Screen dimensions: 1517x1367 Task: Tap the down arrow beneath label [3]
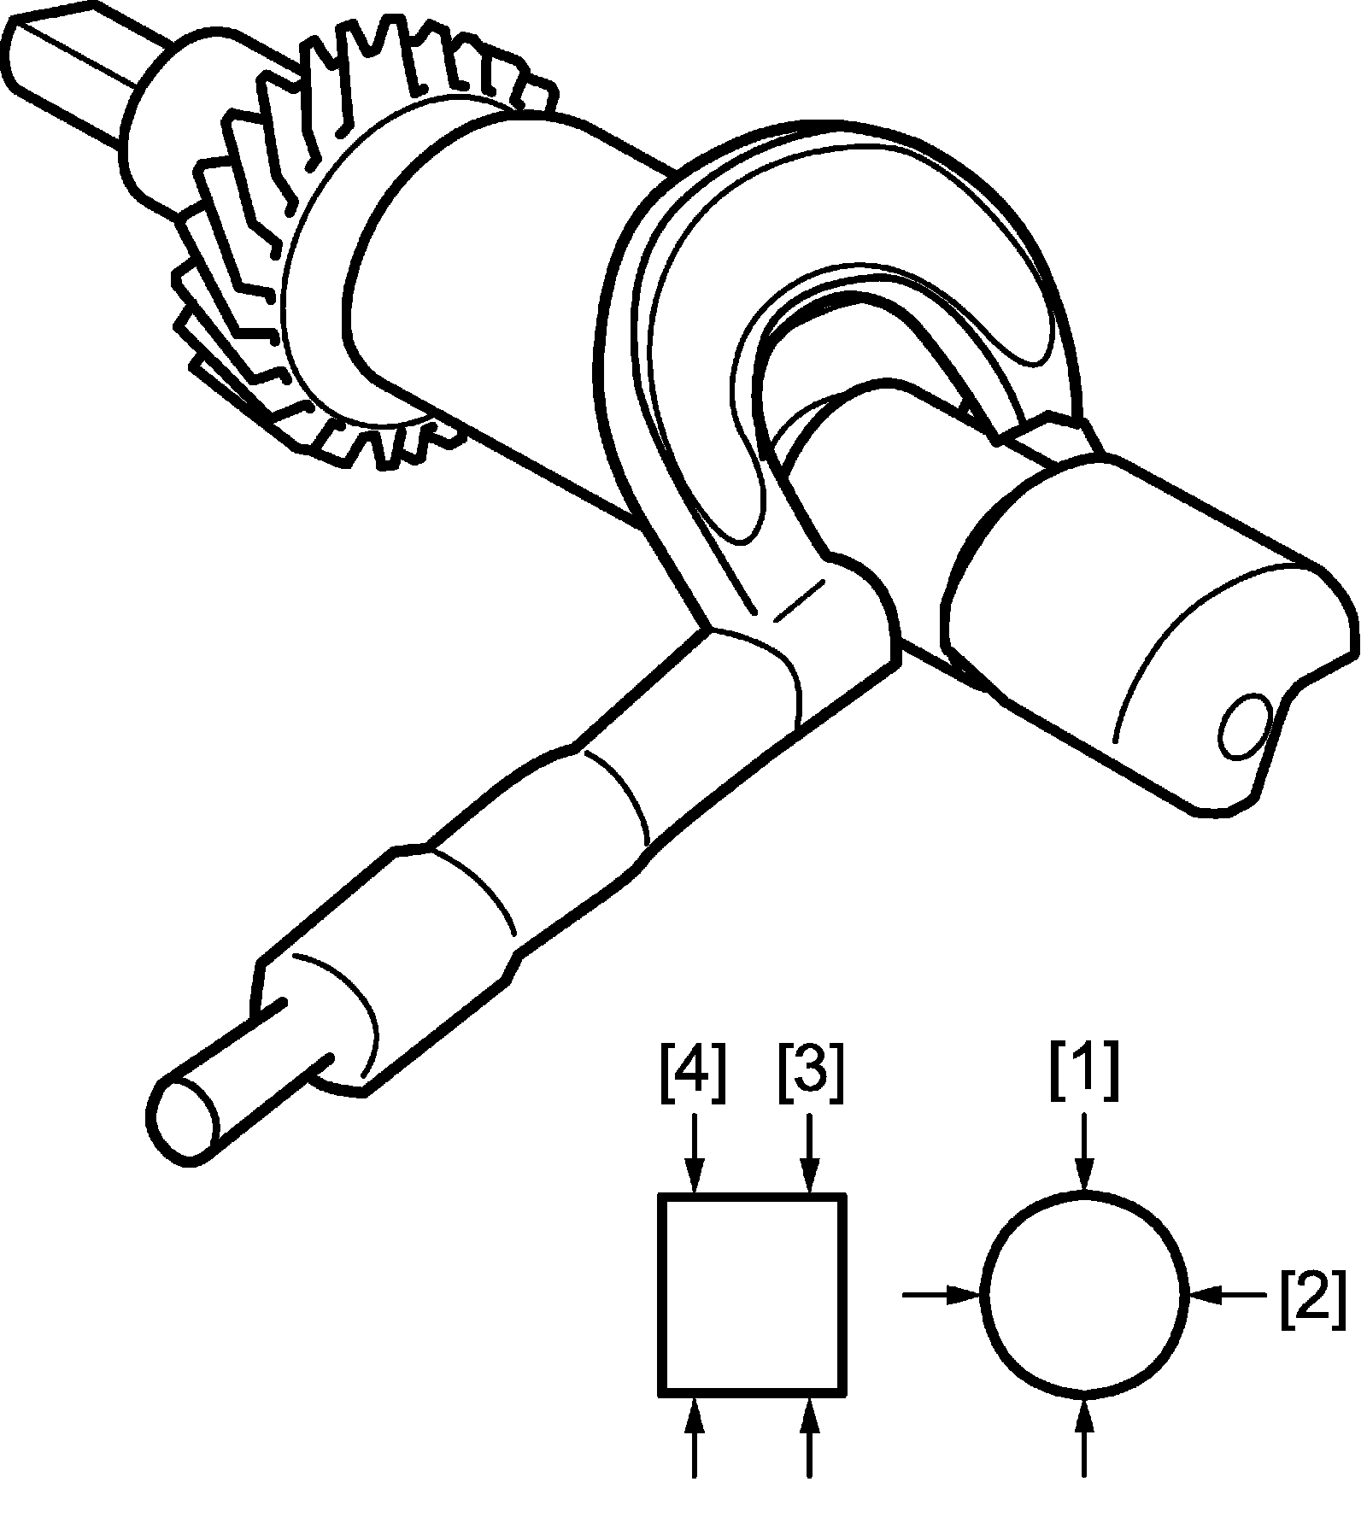pos(809,1157)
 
